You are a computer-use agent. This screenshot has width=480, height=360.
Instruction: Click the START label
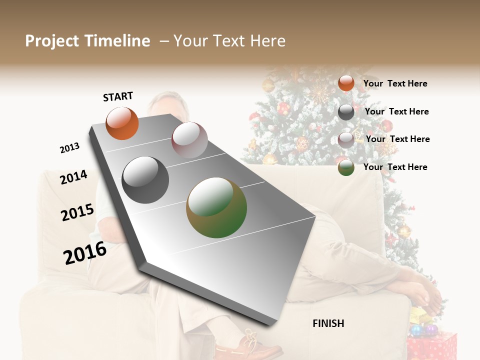click(118, 96)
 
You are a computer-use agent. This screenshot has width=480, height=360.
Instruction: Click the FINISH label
click(328, 323)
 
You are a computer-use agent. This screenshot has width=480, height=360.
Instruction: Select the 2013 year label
click(69, 148)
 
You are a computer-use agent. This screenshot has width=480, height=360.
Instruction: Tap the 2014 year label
click(73, 177)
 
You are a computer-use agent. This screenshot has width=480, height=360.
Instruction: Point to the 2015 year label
click(77, 212)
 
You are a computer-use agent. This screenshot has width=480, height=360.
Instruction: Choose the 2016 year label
click(85, 252)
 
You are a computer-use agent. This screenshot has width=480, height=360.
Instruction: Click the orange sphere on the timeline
click(122, 123)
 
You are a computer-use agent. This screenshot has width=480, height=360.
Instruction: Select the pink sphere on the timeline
click(189, 140)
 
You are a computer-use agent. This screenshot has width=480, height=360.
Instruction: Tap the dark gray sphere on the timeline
click(145, 180)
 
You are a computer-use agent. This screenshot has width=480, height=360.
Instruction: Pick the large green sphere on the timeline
click(216, 207)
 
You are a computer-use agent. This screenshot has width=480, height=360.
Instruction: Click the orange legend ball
click(346, 83)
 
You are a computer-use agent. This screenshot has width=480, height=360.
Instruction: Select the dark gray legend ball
click(346, 112)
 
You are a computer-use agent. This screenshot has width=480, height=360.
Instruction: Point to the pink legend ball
click(346, 139)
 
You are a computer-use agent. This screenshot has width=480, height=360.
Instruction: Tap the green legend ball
click(346, 167)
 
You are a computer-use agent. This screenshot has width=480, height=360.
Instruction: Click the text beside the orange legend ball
click(395, 83)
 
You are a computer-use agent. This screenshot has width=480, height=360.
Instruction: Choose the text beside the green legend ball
click(395, 167)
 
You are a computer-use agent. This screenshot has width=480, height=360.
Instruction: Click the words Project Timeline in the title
click(87, 41)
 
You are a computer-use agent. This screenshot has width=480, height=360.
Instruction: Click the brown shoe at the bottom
click(250, 345)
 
